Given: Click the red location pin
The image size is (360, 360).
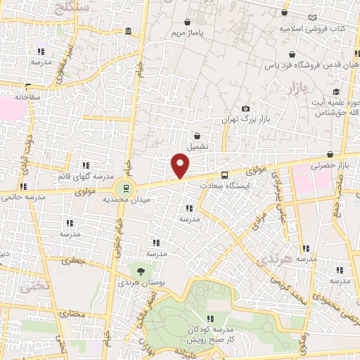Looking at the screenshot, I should tap(181, 165).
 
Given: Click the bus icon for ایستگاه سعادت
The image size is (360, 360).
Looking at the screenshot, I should tap(224, 175).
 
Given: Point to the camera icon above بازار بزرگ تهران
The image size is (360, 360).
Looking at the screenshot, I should tap(245, 108).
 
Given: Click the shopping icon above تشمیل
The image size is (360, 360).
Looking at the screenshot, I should tap(196, 136).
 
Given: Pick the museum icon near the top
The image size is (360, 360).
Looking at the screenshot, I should tap(127, 32).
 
